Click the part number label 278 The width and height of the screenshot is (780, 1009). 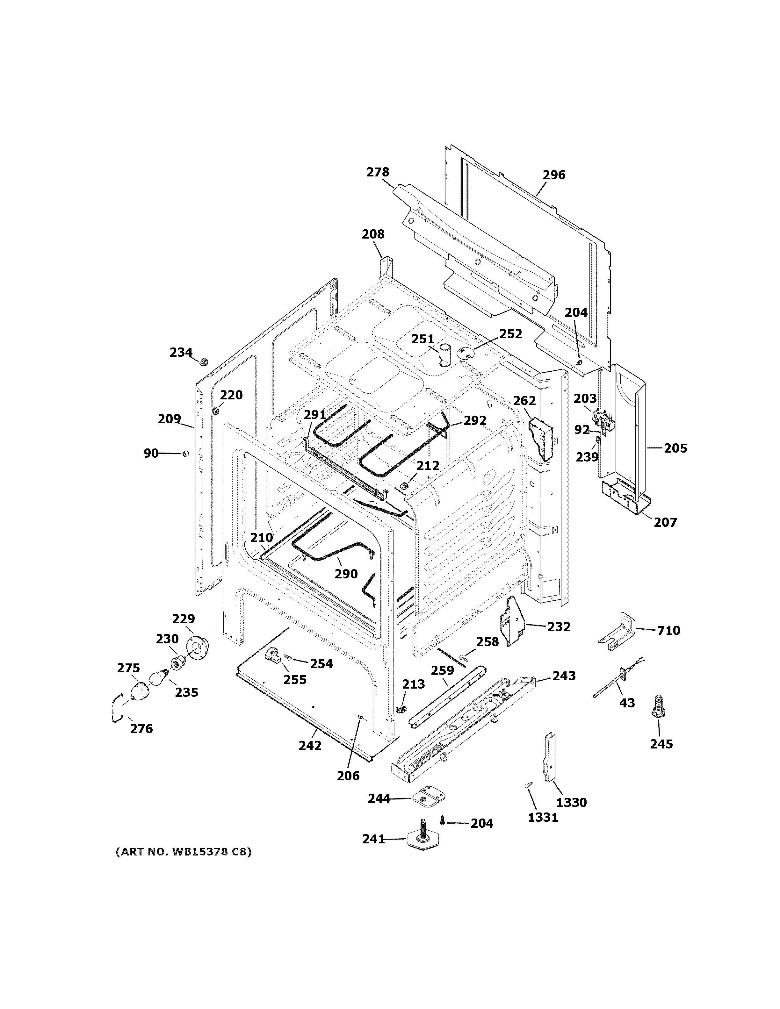(x=378, y=172)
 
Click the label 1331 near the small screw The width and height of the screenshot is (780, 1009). (x=543, y=818)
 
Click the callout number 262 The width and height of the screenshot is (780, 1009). (x=524, y=401)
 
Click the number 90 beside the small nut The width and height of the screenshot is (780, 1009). (x=151, y=453)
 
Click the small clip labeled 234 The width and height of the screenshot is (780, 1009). (x=203, y=360)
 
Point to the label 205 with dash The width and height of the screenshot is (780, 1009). (x=675, y=448)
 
